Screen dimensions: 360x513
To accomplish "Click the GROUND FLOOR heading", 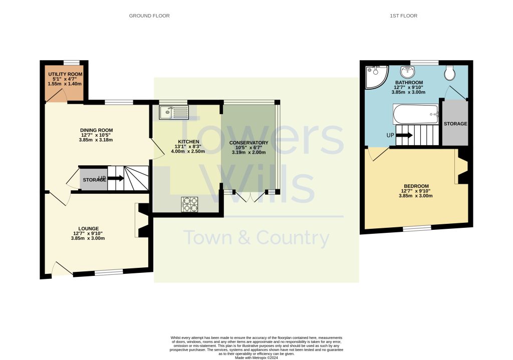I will click(x=149, y=16).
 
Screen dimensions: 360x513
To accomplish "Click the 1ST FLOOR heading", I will click(x=403, y=16).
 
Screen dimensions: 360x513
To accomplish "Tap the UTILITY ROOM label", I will click(x=65, y=74).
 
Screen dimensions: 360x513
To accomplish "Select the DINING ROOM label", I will click(x=96, y=130).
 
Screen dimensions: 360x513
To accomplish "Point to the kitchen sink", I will click(x=173, y=113).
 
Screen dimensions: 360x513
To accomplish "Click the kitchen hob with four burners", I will click(x=190, y=204).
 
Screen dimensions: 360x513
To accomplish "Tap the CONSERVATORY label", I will click(x=248, y=143).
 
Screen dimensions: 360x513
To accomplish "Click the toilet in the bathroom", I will click(x=449, y=73).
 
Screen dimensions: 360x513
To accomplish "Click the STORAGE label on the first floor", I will click(x=455, y=124).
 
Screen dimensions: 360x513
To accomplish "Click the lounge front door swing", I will click(x=61, y=269).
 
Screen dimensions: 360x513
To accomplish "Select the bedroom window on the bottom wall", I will click(x=417, y=228).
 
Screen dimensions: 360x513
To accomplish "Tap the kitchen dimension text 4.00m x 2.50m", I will click(x=188, y=151).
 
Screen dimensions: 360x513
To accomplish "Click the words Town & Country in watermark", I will click(x=256, y=238).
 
